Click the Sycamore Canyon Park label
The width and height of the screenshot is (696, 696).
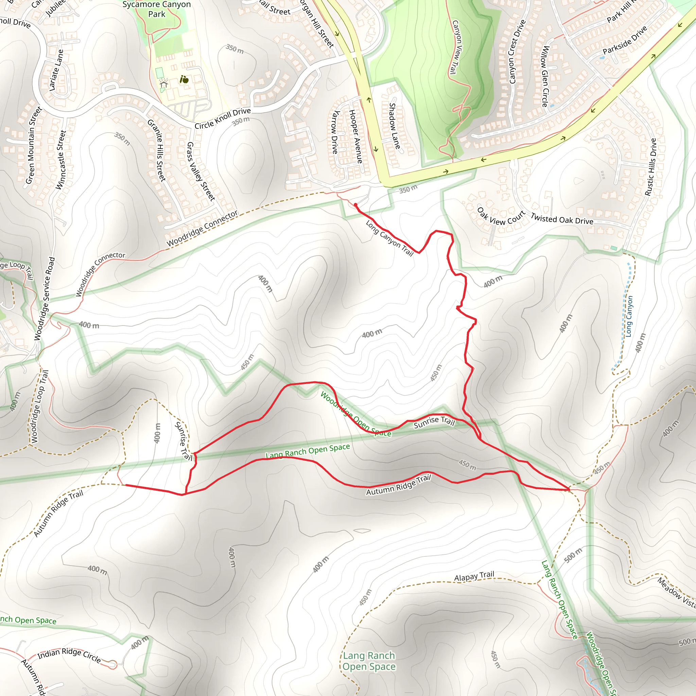pyautogui.click(x=156, y=10)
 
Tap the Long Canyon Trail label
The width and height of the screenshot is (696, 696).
pyautogui.click(x=389, y=238)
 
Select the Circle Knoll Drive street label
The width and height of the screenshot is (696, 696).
pyautogui.click(x=223, y=119)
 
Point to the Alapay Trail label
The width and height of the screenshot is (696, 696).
pyautogui.click(x=474, y=576)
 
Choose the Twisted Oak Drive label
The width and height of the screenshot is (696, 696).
pyautogui.click(x=562, y=219)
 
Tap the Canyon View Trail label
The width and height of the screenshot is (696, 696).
pyautogui.click(x=456, y=47)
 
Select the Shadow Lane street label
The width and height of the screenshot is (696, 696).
pyautogui.click(x=395, y=126)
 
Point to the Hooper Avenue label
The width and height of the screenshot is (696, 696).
pyautogui.click(x=355, y=136)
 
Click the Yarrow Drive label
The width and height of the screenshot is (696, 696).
pyautogui.click(x=335, y=132)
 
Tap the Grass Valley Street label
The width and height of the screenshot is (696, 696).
pyautogui.click(x=201, y=171)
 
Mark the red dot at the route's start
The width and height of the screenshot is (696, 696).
pyautogui.click(x=355, y=205)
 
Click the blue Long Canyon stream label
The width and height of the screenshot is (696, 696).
pyautogui.click(x=629, y=316)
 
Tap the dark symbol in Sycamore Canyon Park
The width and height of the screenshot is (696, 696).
pyautogui.click(x=184, y=80)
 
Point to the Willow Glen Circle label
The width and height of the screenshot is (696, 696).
pyautogui.click(x=545, y=76)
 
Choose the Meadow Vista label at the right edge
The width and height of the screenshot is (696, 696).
pyautogui.click(x=676, y=593)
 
